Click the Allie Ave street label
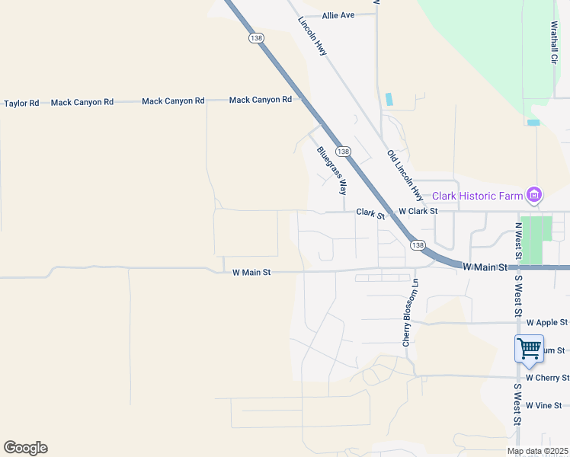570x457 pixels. click(x=338, y=15)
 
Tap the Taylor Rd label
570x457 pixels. click(x=21, y=103)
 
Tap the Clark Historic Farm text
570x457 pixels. click(x=478, y=196)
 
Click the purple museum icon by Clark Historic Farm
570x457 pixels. click(x=535, y=196)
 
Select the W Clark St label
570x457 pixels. click(x=418, y=211)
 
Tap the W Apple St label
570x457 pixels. click(x=547, y=323)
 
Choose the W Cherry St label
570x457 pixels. click(x=547, y=378)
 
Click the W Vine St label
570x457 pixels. click(x=548, y=405)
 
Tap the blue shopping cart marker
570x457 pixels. click(x=529, y=350)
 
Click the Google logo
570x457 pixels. click(x=25, y=448)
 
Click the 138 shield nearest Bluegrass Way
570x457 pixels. click(x=344, y=152)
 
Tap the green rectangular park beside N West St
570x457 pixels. click(x=536, y=240)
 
